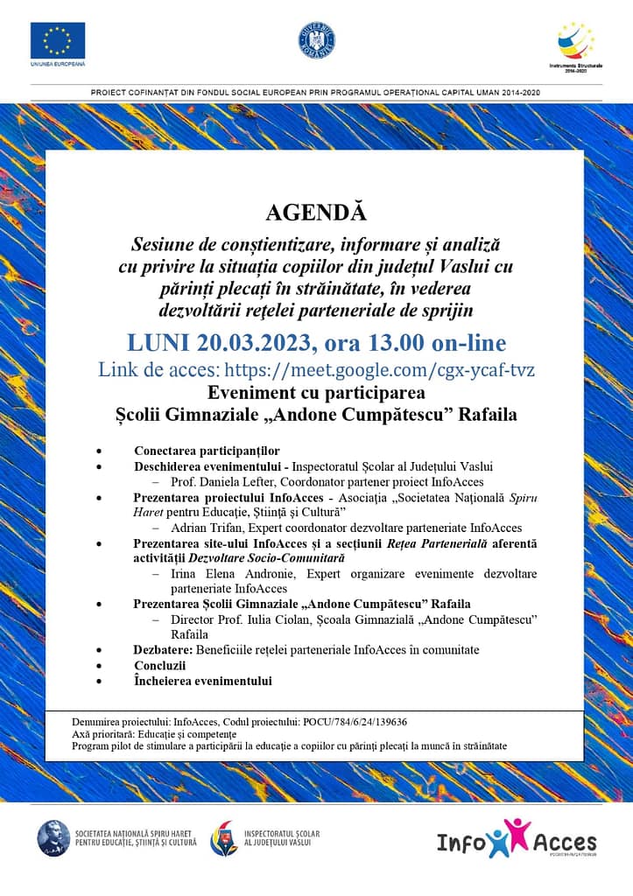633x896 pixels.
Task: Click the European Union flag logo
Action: (58, 40)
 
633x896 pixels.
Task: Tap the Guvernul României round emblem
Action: (316, 39)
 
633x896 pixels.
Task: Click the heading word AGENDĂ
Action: (316, 213)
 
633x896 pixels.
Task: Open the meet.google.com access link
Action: (379, 369)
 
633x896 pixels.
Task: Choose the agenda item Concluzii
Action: (160, 666)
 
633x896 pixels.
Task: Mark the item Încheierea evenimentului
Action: (202, 681)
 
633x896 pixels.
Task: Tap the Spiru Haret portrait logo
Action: (53, 837)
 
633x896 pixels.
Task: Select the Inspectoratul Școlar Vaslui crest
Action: (223, 837)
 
